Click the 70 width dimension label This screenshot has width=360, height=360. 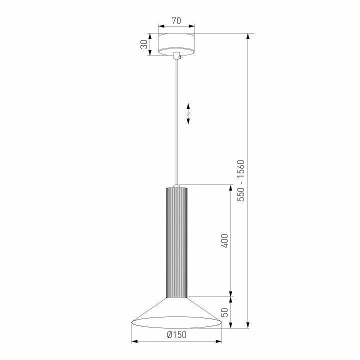[176, 20]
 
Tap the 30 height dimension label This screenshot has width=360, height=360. [144, 44]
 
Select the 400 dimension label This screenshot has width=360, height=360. [225, 241]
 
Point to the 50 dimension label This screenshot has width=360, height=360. [225, 312]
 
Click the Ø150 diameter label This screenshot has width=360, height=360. [177, 334]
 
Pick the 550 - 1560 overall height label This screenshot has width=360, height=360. [241, 180]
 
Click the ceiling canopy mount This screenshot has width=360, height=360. [176, 44]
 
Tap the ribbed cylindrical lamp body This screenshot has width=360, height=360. [176, 242]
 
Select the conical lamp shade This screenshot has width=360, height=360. [176, 312]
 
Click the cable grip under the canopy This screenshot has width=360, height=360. [177, 56]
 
